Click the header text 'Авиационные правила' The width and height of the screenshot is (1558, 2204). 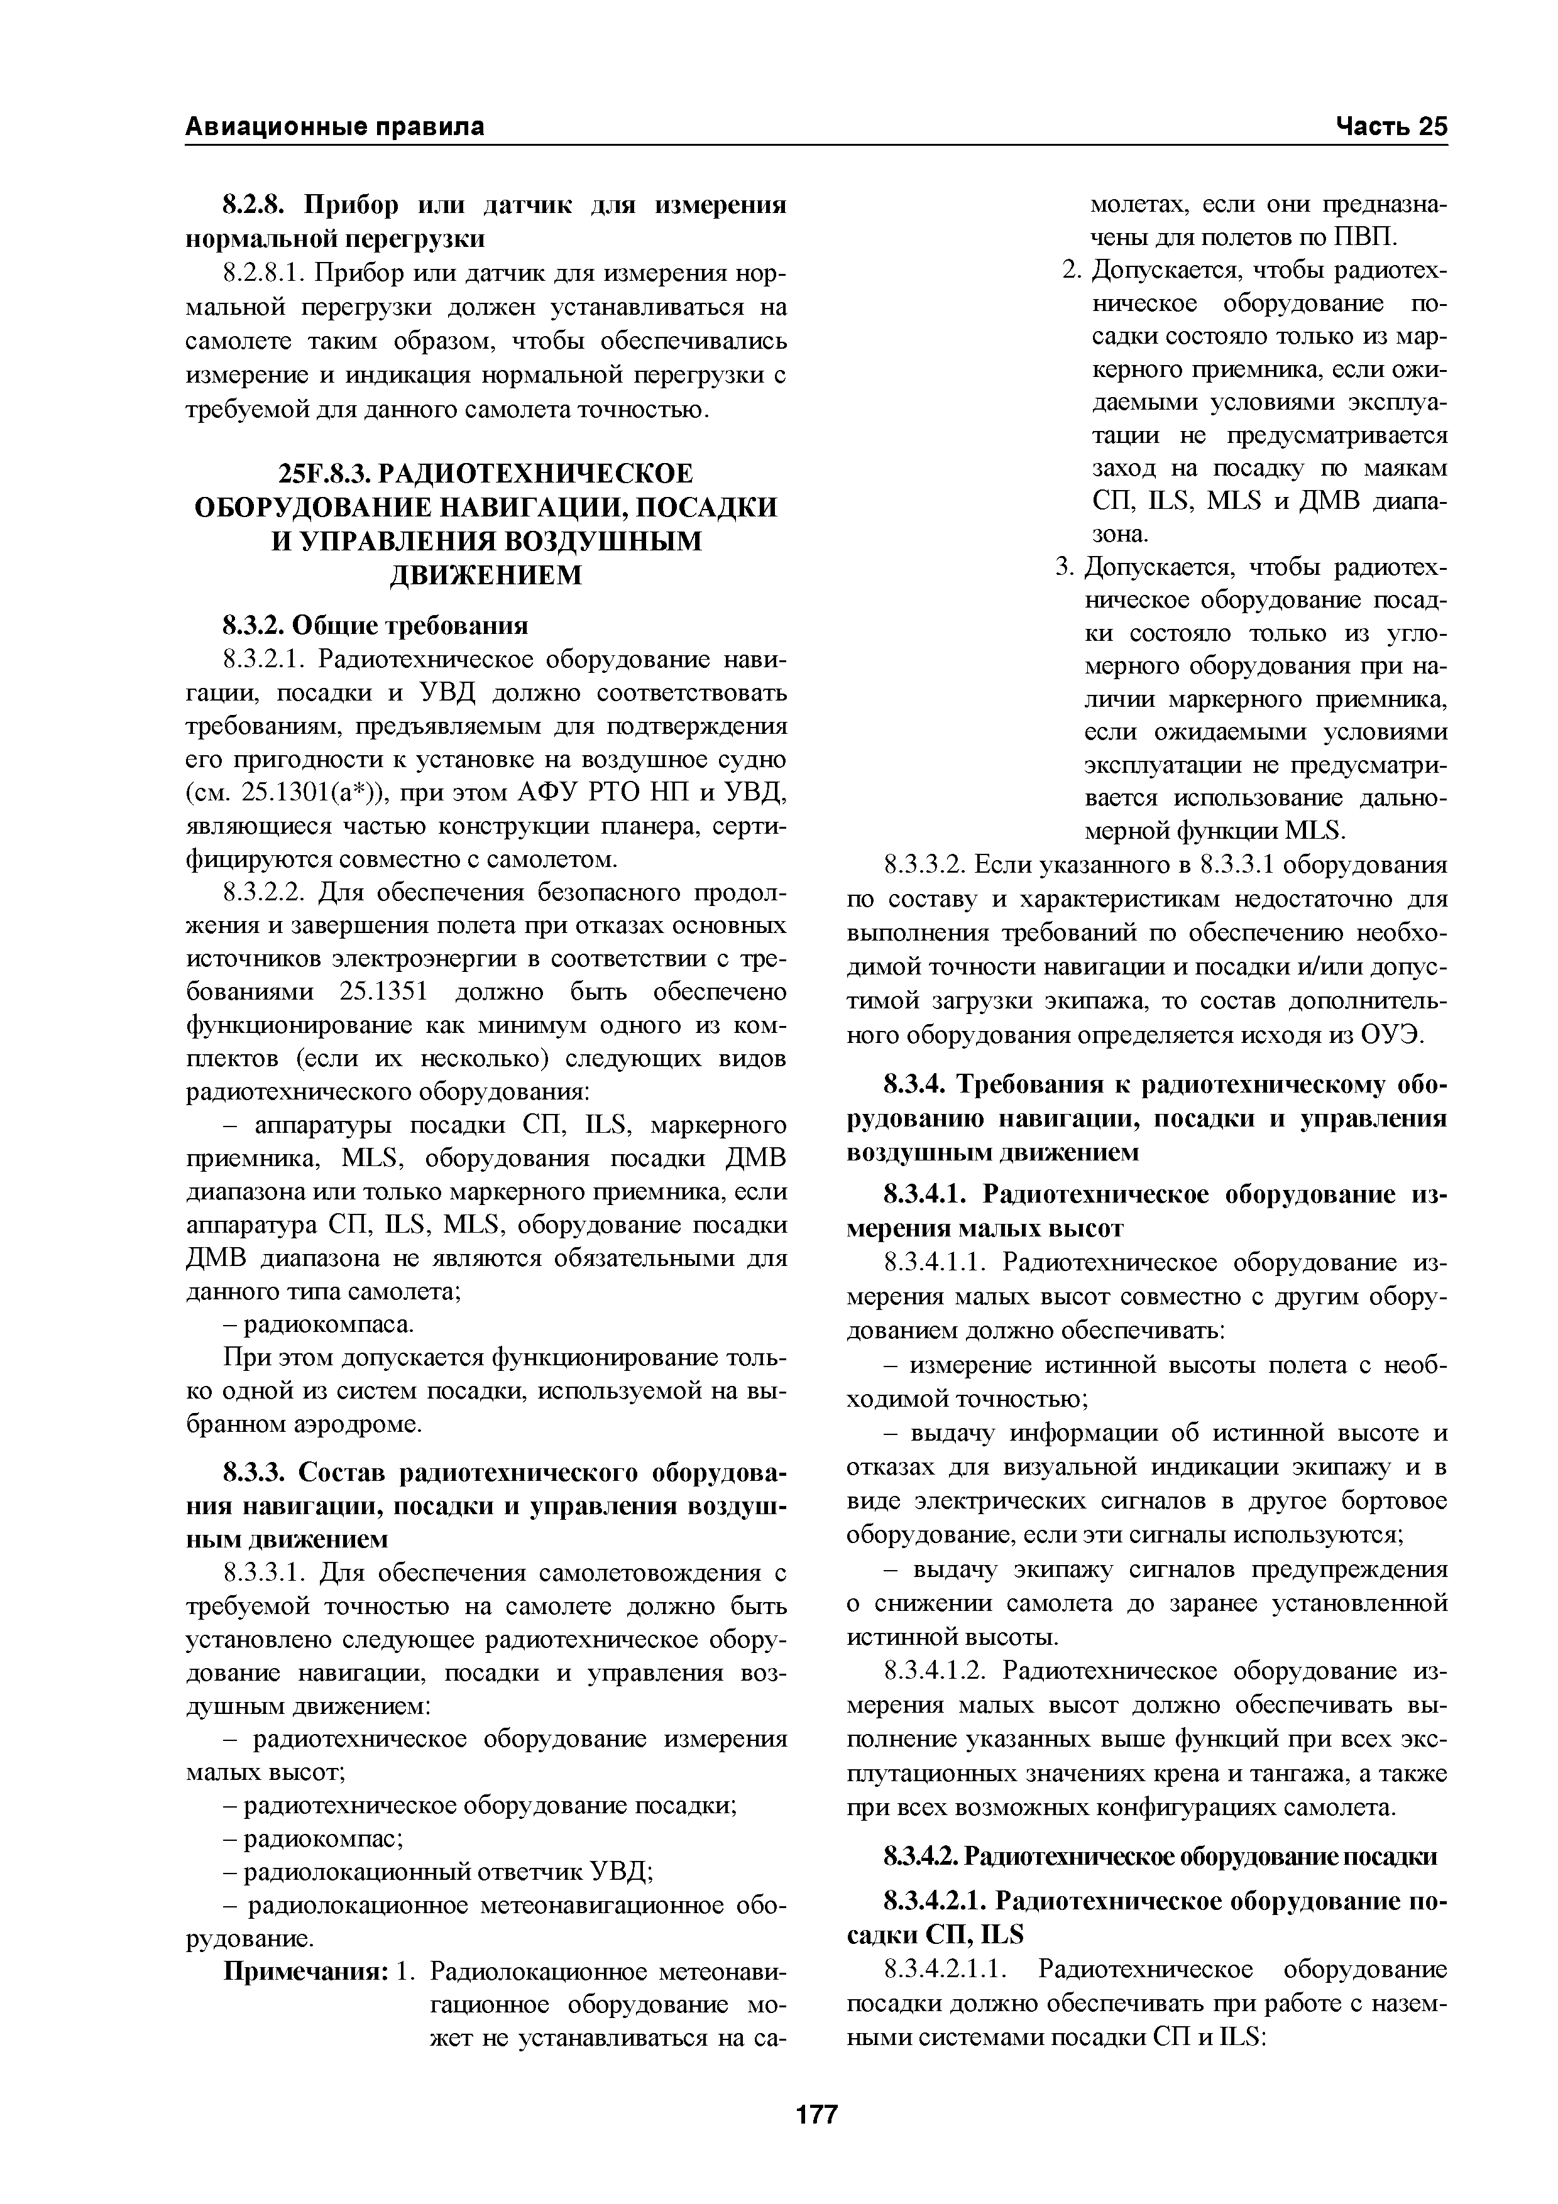click(334, 127)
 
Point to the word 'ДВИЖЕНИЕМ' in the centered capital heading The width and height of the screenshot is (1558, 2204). click(486, 575)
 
